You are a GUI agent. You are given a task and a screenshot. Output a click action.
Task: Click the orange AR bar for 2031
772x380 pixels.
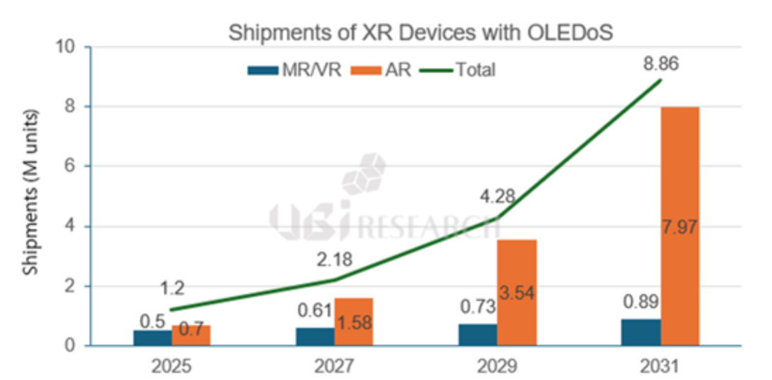(680, 226)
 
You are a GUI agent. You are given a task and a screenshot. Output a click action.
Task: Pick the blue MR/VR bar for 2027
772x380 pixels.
(314, 336)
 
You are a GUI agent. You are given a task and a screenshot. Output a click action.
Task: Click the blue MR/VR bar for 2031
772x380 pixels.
(640, 332)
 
